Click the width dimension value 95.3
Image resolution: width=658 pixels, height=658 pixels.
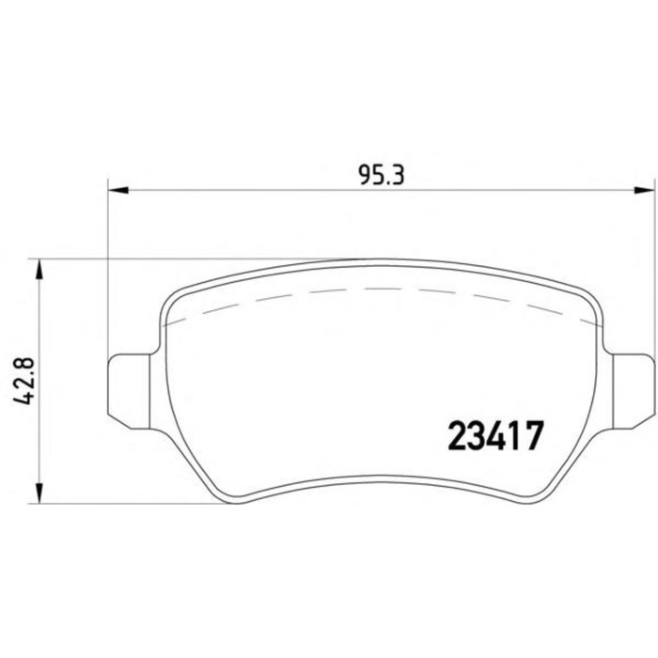click(381, 174)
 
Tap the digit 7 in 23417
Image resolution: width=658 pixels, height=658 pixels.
click(535, 436)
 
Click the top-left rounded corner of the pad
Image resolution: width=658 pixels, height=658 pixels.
click(175, 298)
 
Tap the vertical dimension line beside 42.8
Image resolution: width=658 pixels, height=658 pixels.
click(39, 442)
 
